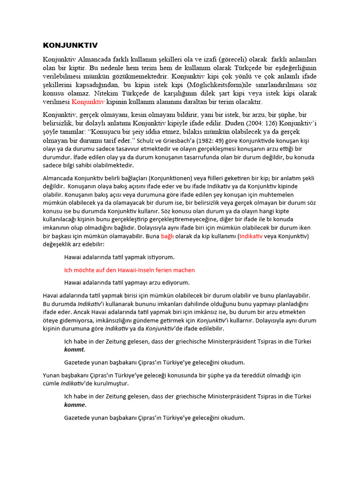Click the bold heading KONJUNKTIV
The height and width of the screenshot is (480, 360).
point(70,45)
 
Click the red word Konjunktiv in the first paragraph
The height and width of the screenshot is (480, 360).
point(88,101)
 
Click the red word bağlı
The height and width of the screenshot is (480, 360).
point(167,236)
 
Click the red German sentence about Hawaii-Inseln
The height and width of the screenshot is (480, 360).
point(129,270)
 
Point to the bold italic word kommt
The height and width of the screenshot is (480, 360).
point(75,350)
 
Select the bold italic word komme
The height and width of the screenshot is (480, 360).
point(75,405)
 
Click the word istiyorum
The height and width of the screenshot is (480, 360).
point(159,257)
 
